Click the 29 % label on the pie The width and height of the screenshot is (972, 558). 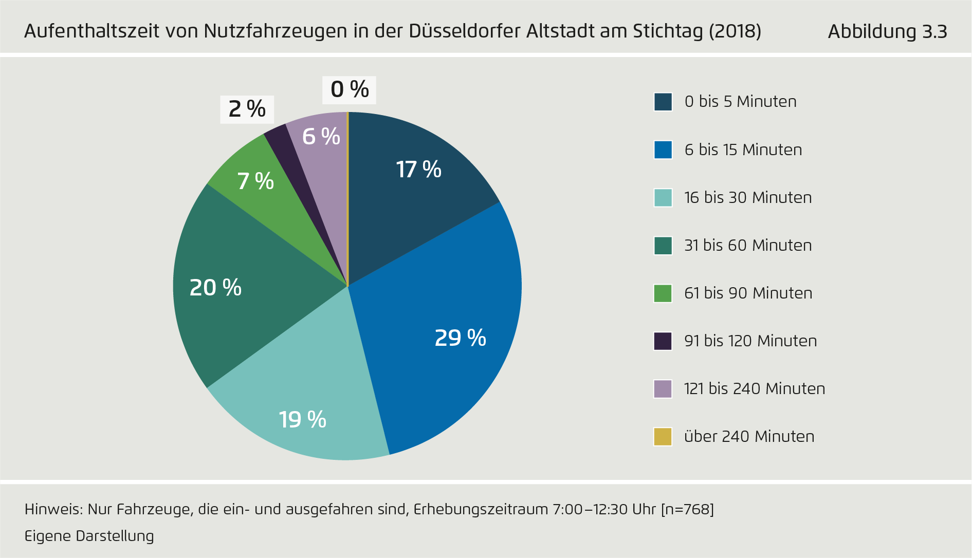point(460,338)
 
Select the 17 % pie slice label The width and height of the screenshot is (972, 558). point(418,170)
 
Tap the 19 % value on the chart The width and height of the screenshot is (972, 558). point(302,420)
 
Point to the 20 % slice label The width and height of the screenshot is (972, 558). point(215,288)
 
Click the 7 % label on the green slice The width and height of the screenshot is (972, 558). point(255,181)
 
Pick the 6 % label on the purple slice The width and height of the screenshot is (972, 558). point(321,137)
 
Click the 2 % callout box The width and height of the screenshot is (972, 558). point(247,109)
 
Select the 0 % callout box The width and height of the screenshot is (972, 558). point(350,90)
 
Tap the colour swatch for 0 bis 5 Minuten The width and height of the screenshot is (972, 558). point(663,102)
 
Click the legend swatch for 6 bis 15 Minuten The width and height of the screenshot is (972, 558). point(663,150)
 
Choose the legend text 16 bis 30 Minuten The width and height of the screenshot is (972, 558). point(748,197)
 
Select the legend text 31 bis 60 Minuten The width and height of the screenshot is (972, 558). point(748,245)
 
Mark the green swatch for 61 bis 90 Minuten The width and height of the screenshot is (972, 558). point(663,293)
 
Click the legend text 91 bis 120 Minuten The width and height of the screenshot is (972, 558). point(750,341)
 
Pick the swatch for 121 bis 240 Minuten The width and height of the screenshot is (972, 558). point(663,388)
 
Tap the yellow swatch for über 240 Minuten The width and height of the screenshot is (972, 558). point(663,436)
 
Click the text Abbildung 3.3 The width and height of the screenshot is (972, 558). point(887,32)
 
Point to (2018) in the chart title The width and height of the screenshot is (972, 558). point(735,31)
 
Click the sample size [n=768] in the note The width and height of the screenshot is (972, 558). point(687,509)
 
